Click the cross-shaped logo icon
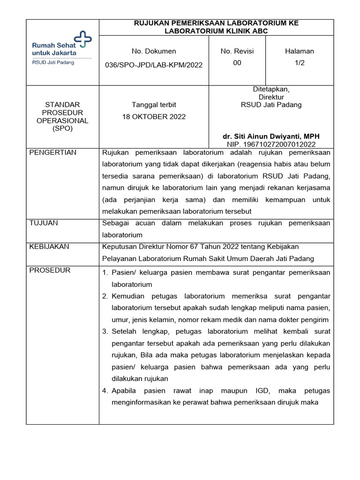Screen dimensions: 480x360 pyautogui.click(x=83, y=39)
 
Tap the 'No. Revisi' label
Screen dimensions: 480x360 pyautogui.click(x=237, y=51)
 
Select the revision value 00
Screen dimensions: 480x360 pyautogui.click(x=237, y=63)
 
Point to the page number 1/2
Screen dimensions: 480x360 pyautogui.click(x=300, y=63)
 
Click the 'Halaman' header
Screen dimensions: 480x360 pyautogui.click(x=300, y=51)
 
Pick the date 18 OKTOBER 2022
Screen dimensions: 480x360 pyautogui.click(x=154, y=117)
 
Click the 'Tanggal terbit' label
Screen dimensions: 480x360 pyautogui.click(x=154, y=105)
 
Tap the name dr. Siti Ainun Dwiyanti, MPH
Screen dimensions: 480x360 pyautogui.click(x=271, y=136)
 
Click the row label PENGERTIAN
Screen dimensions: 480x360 pyautogui.click(x=53, y=153)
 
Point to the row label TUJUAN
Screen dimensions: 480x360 pyautogui.click(x=44, y=223)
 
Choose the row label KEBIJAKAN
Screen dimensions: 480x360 pyautogui.click(x=49, y=247)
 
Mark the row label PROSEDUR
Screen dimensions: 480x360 pyautogui.click(x=50, y=270)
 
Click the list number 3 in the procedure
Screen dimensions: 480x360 pyautogui.click(x=105, y=332)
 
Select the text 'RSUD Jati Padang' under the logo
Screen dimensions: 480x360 pyautogui.click(x=52, y=62)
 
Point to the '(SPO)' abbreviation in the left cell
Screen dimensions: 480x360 pyautogui.click(x=62, y=128)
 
